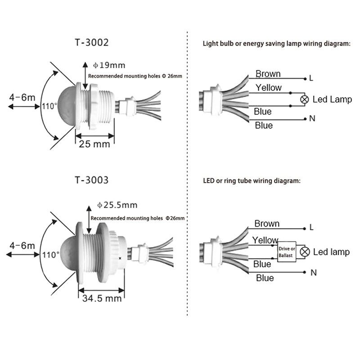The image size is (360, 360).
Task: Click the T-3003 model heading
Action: (x=91, y=180)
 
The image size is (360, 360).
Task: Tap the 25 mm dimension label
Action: (x=94, y=144)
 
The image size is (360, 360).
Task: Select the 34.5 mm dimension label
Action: (x=102, y=298)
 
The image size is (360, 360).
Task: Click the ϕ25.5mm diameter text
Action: (x=117, y=205)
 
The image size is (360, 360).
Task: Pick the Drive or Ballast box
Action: (x=286, y=252)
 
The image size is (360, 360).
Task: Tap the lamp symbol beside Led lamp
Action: (x=305, y=252)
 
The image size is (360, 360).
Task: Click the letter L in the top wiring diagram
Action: (x=311, y=78)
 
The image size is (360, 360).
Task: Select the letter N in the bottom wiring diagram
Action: (x=314, y=273)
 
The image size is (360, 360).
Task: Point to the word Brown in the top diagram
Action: (x=268, y=74)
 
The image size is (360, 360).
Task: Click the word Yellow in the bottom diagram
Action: (x=265, y=240)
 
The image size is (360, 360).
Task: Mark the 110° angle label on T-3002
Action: (x=50, y=107)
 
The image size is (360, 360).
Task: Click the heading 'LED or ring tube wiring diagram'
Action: (x=251, y=181)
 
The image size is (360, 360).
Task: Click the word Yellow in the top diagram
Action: (x=268, y=88)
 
